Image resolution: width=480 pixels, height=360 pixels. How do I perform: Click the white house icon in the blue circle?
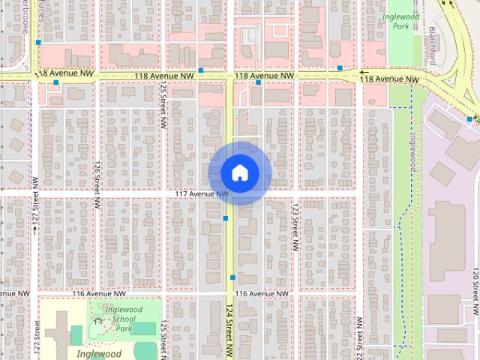tap(239, 172)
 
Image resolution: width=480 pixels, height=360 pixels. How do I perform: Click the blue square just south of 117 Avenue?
tap(226, 218)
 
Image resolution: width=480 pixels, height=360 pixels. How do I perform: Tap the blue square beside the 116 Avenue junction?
tap(232, 277)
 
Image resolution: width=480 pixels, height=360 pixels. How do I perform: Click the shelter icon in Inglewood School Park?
tap(97, 322)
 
